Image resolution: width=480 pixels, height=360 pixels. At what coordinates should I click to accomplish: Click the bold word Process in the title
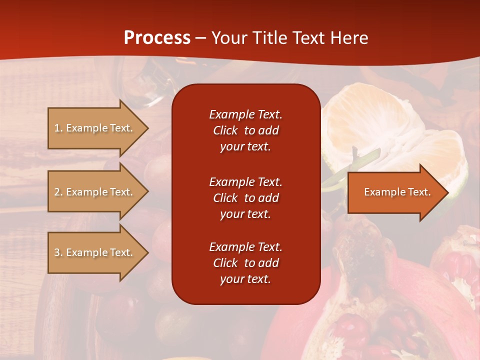157,37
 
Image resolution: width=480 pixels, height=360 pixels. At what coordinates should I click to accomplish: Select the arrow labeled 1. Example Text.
95,128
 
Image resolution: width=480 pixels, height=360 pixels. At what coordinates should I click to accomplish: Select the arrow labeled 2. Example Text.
95,192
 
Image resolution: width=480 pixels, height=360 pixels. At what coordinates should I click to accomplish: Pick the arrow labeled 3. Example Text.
95,252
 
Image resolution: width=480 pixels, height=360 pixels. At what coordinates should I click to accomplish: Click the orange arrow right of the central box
395,192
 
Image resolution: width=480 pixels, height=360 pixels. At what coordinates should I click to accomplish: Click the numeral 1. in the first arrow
58,128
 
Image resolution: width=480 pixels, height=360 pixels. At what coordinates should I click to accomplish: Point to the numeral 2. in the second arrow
58,192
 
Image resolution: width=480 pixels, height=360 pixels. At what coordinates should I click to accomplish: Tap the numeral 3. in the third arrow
58,252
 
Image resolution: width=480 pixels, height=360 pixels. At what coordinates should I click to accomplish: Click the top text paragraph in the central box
245,130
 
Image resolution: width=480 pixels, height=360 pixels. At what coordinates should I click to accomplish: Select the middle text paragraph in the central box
245,198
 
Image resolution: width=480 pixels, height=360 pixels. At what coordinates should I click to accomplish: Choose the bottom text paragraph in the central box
245,263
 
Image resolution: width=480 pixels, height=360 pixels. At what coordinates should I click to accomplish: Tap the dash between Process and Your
200,38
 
